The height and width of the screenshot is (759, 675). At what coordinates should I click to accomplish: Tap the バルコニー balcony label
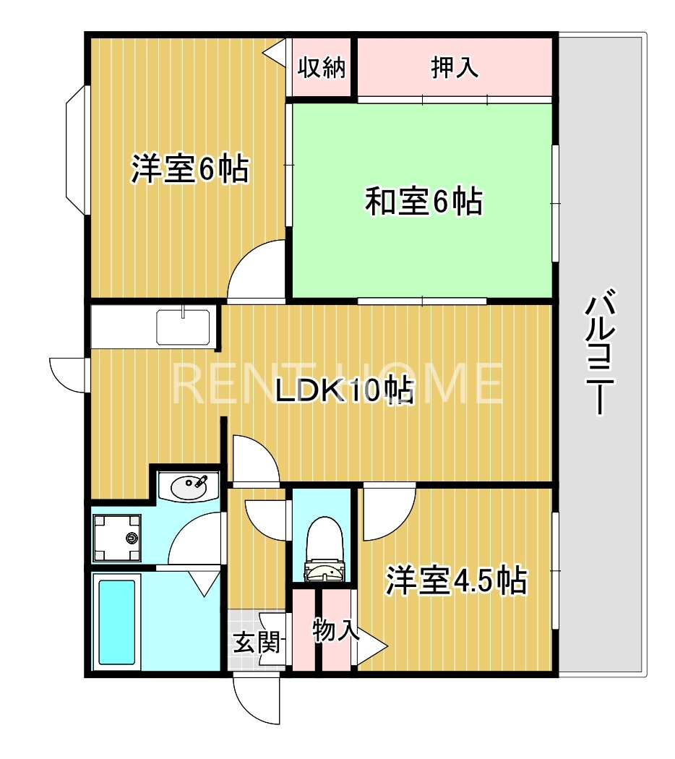tap(599, 354)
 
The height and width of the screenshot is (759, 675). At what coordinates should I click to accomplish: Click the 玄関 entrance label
tap(256, 642)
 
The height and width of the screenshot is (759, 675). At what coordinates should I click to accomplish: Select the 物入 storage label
tap(335, 630)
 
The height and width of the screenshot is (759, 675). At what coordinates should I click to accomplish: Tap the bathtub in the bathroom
tap(117, 622)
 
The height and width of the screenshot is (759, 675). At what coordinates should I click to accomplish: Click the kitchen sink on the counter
tap(184, 327)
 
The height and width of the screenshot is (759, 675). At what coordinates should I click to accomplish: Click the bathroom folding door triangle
tap(205, 582)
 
